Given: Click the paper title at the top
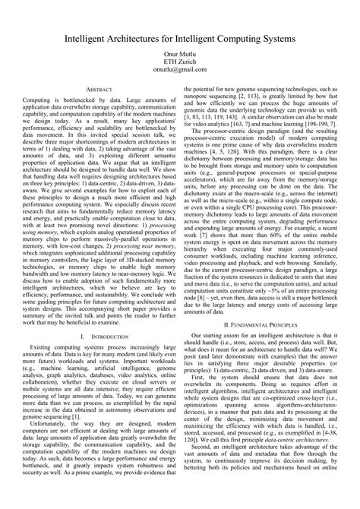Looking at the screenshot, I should (x=179, y=35).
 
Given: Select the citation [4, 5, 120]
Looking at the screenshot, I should (x=228, y=163).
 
